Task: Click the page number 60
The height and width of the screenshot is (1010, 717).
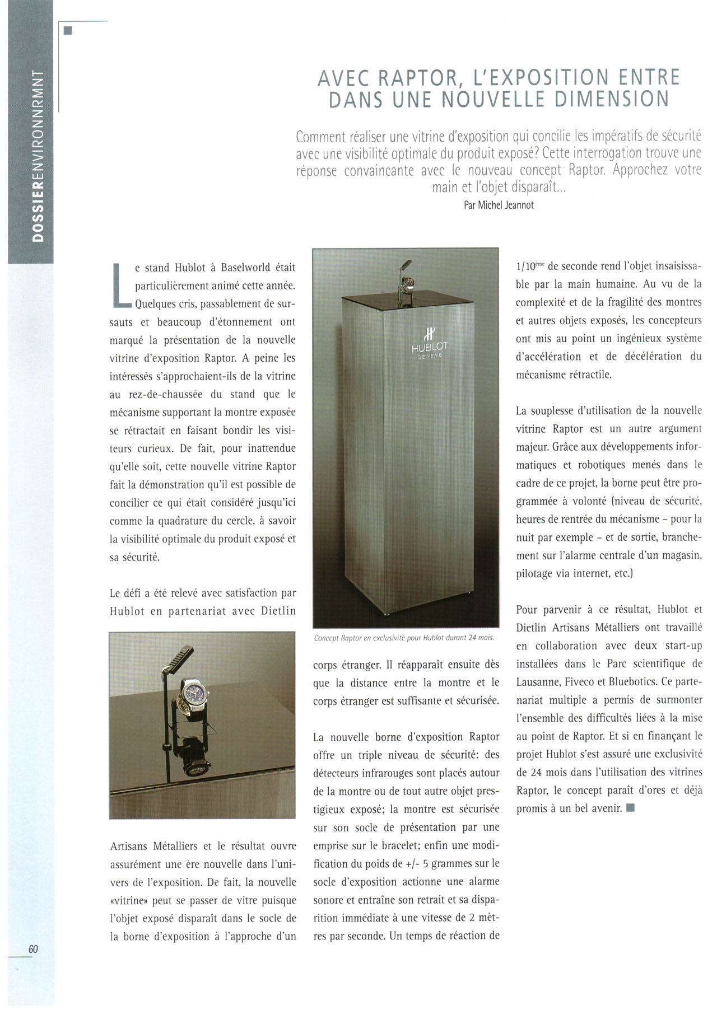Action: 33,949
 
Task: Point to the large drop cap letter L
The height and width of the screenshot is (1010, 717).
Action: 121,286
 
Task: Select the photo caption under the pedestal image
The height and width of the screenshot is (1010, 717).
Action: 404,638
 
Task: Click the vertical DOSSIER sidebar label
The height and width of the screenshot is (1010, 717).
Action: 38,157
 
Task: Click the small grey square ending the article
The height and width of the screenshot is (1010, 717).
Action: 631,808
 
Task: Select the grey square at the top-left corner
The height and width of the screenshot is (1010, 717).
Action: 68,31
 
